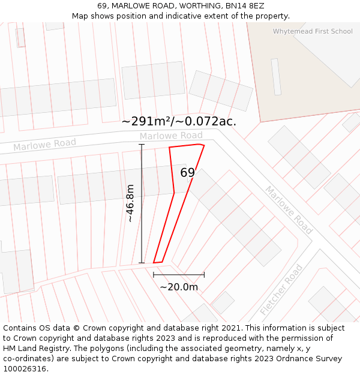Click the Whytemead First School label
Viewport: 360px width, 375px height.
[x=313, y=31]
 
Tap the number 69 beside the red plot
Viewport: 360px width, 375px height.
[x=188, y=173]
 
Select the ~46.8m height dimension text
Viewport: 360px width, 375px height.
[x=130, y=203]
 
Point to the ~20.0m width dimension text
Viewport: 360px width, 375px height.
[x=179, y=287]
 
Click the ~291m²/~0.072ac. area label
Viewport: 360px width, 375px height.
[x=179, y=121]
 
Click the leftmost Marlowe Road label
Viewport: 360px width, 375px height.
[x=45, y=145]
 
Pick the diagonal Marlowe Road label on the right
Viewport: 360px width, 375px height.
[x=289, y=210]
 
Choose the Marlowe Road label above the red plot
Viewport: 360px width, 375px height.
[x=171, y=136]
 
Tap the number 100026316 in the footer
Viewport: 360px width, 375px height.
[x=24, y=368]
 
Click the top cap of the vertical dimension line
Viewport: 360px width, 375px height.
[x=142, y=145]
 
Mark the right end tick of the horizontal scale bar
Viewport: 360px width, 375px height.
[x=204, y=275]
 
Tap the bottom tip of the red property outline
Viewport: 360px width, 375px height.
[x=154, y=263]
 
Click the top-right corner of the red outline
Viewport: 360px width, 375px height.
[x=204, y=145]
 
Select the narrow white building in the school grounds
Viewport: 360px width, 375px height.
[x=276, y=76]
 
